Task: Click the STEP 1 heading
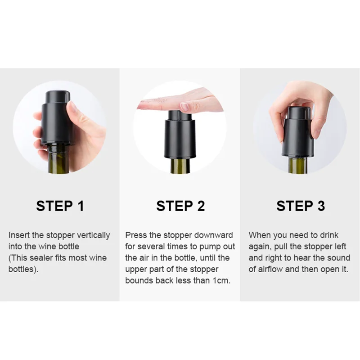point(60,206)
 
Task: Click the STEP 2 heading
point(180,206)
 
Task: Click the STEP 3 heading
point(300,206)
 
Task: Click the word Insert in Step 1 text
point(18,235)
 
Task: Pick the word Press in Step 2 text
point(135,235)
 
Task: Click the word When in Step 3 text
point(258,235)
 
